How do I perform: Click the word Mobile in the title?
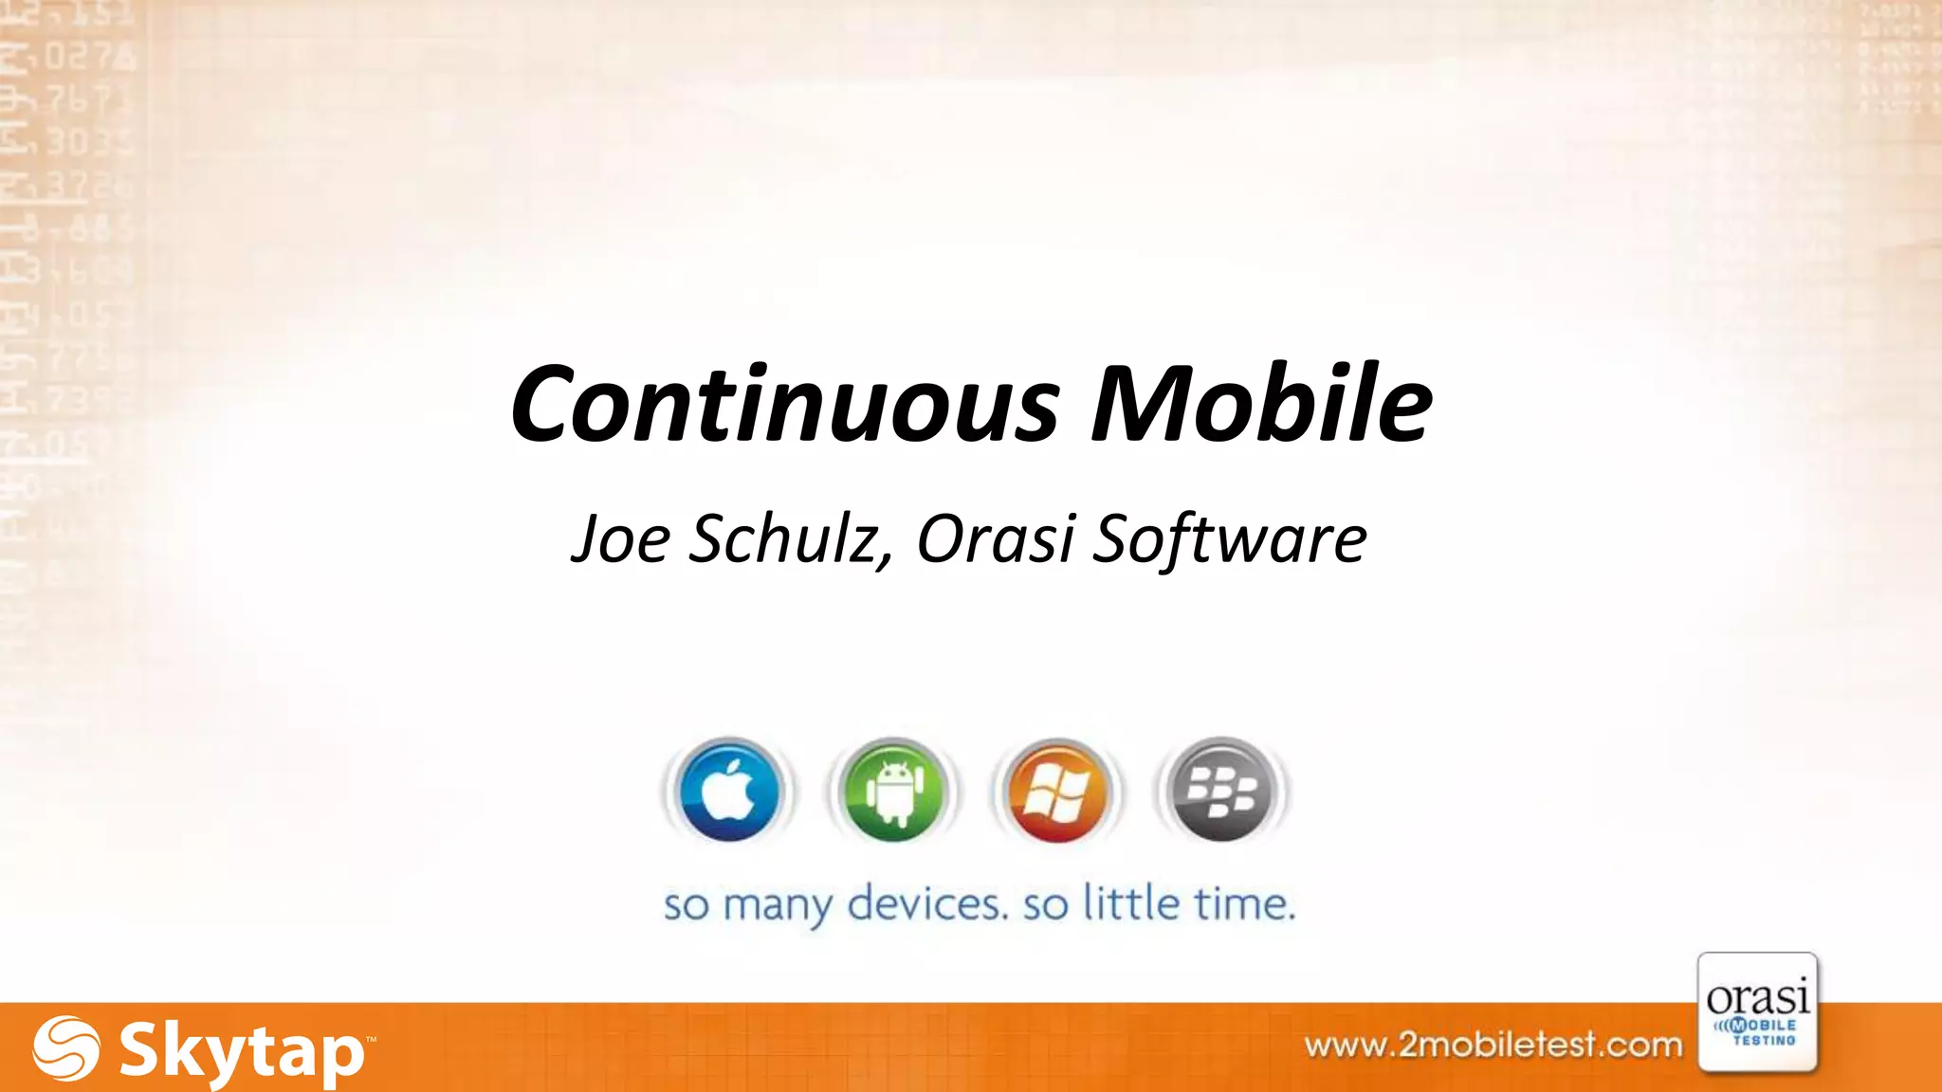tap(1261, 404)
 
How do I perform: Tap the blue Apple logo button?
tap(729, 791)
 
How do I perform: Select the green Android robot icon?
tap(893, 791)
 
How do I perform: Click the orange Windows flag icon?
tap(1056, 791)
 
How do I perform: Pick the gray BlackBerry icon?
tap(1221, 791)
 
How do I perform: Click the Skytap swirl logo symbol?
tap(65, 1048)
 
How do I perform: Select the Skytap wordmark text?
tap(242, 1051)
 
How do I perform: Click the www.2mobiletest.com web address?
tap(1493, 1046)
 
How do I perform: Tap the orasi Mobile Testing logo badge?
tap(1757, 1012)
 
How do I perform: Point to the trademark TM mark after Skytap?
tap(370, 1040)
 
